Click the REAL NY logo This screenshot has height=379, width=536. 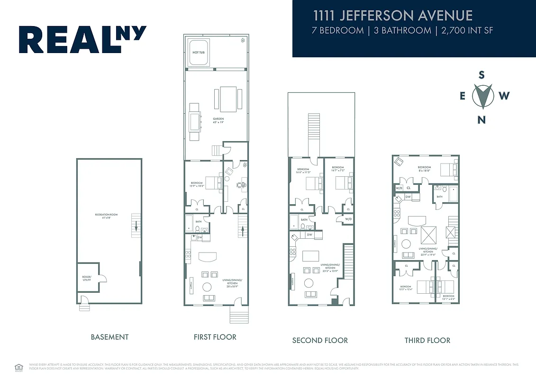[x=82, y=39]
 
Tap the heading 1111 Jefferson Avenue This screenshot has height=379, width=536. [x=393, y=15]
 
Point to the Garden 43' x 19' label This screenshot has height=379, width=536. [x=218, y=120]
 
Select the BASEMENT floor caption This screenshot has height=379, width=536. [x=109, y=337]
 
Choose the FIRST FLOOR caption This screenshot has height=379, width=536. [x=215, y=337]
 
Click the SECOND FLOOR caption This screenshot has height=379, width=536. [x=320, y=340]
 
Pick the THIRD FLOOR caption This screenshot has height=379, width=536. [x=427, y=340]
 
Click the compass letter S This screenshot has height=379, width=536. [x=481, y=75]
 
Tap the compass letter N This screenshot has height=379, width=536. [x=481, y=120]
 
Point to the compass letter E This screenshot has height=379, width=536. [x=463, y=96]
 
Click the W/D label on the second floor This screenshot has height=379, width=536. [x=348, y=219]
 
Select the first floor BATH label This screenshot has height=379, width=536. [x=199, y=221]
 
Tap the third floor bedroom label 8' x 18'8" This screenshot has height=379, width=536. [x=424, y=168]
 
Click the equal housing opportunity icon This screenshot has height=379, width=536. [x=18, y=366]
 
